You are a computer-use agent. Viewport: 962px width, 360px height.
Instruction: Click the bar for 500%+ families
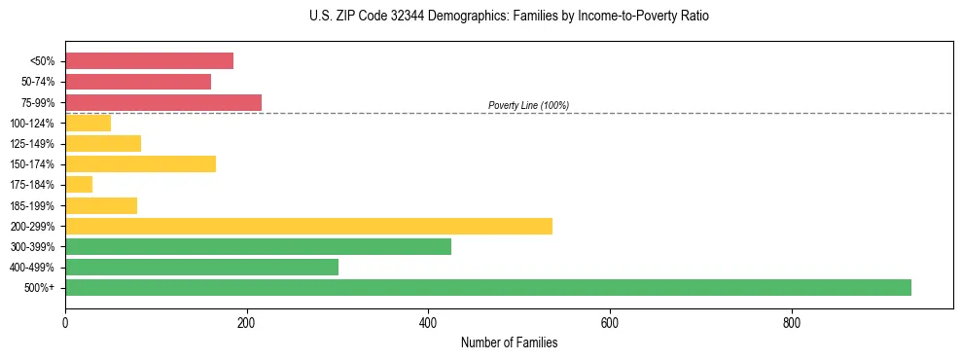tap(487, 287)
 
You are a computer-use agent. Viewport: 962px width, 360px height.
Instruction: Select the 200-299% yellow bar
tap(308, 226)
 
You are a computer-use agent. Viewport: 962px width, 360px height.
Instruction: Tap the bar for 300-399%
tap(258, 246)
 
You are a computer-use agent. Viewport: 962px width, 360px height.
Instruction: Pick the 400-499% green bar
tap(201, 267)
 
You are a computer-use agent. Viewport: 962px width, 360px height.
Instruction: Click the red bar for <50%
tap(149, 61)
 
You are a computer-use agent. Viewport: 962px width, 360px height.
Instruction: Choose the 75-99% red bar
tap(163, 102)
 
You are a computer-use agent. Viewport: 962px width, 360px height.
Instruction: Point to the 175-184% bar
tap(79, 184)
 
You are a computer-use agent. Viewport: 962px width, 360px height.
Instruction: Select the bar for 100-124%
tap(88, 123)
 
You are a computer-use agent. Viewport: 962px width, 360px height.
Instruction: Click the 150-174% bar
tap(140, 163)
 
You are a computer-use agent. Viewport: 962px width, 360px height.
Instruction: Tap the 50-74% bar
tap(138, 82)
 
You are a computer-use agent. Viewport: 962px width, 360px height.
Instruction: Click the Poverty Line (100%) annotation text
tap(528, 105)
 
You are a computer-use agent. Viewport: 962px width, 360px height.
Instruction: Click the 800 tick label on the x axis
tap(792, 322)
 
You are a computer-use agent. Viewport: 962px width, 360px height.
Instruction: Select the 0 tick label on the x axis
tap(65, 322)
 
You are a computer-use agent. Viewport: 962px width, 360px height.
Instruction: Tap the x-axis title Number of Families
tap(509, 342)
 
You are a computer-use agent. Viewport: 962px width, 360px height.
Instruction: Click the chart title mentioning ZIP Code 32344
tap(509, 17)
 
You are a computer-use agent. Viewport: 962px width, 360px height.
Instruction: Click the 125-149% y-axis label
tap(33, 144)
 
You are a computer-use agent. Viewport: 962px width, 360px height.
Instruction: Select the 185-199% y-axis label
tap(33, 205)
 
